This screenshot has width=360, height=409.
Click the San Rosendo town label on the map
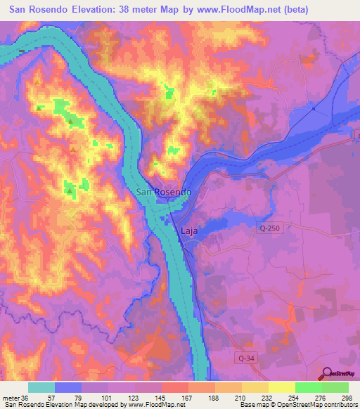163,193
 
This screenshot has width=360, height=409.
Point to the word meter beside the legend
12,398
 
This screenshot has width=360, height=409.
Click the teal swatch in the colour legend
41,387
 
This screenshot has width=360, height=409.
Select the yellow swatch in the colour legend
281,387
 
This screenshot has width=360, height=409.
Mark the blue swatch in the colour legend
68,387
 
